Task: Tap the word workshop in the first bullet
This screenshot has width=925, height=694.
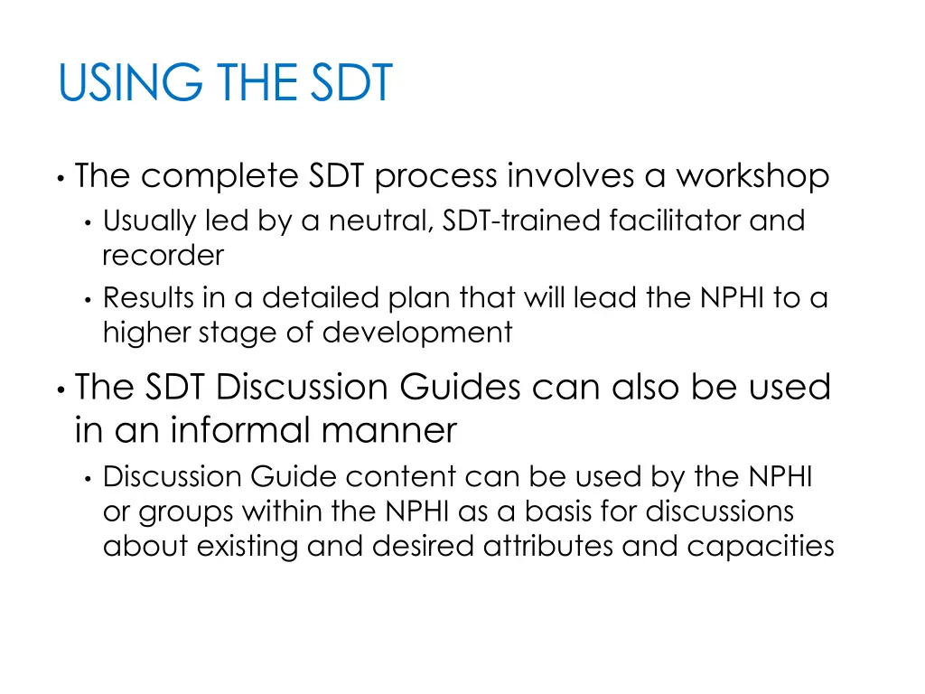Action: click(752, 175)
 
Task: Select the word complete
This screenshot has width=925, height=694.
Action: click(219, 175)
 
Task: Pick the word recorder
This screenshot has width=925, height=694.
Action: click(163, 256)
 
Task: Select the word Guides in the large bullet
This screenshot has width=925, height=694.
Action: click(460, 387)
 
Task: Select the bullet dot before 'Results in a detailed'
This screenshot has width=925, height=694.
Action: click(87, 299)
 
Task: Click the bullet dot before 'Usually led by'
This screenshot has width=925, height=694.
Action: click(87, 222)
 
